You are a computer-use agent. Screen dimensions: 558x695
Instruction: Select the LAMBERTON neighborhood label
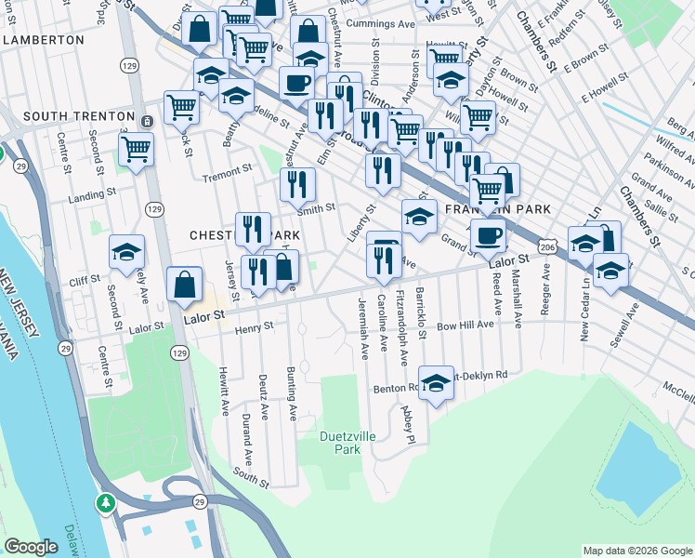[x=44, y=41]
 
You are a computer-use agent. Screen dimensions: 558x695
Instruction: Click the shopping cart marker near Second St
[x=137, y=149]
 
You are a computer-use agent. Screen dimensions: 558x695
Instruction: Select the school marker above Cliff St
[x=127, y=251]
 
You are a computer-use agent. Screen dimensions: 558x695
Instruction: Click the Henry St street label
[x=254, y=328]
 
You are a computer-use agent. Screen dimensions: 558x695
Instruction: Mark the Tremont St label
[x=227, y=171]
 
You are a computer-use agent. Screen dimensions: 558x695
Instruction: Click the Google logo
[x=31, y=547]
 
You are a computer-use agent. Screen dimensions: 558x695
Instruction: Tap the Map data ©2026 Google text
[x=636, y=551]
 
